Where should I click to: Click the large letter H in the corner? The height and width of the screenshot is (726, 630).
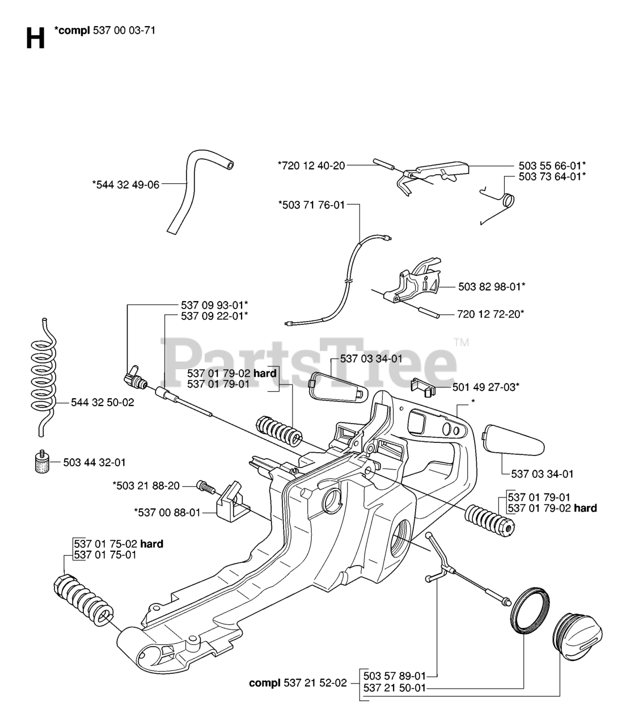point(35,39)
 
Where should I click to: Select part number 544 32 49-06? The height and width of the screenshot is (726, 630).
point(125,184)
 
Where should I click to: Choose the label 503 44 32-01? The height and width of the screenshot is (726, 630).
point(94,462)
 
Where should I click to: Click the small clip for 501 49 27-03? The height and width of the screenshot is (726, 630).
point(422,386)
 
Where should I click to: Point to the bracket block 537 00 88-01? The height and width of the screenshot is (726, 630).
point(232,499)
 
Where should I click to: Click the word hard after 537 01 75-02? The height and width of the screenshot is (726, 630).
point(151,544)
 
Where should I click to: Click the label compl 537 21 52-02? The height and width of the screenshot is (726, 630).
point(297,683)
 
